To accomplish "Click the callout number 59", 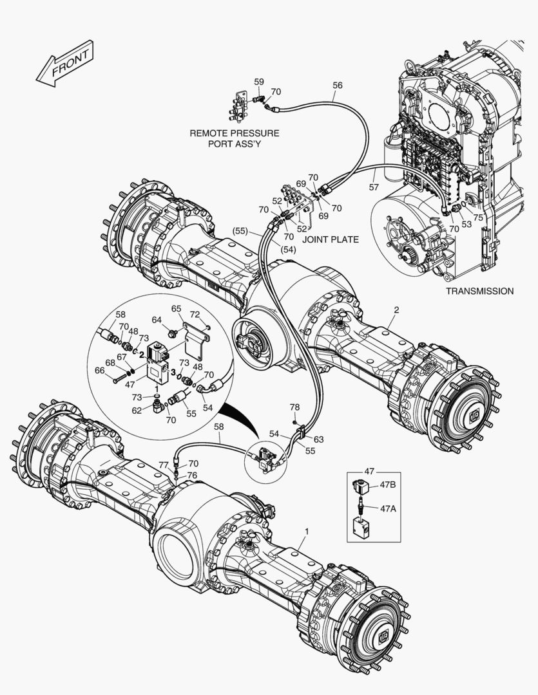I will point(259,82).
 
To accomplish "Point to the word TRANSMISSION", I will point(479,291).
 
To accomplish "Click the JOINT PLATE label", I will point(331,239).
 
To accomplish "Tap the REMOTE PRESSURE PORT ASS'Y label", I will point(235,138).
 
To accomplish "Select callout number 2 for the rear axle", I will point(396,310).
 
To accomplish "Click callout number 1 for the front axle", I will point(307,531).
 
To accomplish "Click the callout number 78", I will point(294,407).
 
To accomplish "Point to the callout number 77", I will point(163,464).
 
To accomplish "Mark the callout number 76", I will point(193,475).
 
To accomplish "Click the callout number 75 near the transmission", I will point(477,217).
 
